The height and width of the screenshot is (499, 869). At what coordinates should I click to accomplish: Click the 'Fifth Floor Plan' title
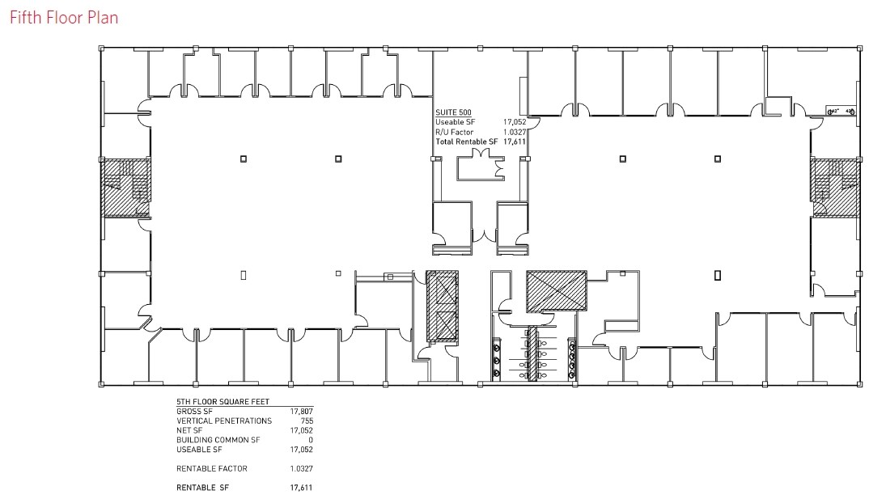(64, 17)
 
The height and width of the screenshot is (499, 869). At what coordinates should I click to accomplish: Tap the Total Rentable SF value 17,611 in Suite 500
(515, 142)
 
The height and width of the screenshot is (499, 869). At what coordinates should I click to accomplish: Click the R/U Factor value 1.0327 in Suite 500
(515, 132)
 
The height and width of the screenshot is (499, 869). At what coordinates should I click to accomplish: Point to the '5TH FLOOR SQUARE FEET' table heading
(223, 401)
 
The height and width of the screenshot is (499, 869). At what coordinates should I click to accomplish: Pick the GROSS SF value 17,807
(301, 411)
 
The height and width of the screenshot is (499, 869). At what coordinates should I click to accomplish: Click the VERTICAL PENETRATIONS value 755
(305, 421)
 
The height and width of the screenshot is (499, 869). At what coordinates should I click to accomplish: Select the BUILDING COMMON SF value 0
(310, 440)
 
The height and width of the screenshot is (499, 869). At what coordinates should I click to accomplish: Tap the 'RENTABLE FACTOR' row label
(212, 468)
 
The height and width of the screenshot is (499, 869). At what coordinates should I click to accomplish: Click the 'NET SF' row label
(189, 430)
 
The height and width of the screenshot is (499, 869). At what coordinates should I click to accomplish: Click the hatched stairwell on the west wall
(125, 188)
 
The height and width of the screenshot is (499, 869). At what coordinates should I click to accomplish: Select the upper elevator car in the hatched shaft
(442, 290)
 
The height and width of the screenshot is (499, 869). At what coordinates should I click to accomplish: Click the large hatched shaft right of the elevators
(555, 290)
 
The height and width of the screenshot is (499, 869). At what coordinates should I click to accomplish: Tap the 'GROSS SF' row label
(193, 411)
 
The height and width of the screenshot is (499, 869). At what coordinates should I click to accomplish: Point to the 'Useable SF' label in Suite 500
(455, 122)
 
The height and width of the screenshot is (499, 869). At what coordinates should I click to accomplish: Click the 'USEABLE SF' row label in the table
(199, 450)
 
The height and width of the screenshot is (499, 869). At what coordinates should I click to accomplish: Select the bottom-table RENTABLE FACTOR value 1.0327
(300, 468)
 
